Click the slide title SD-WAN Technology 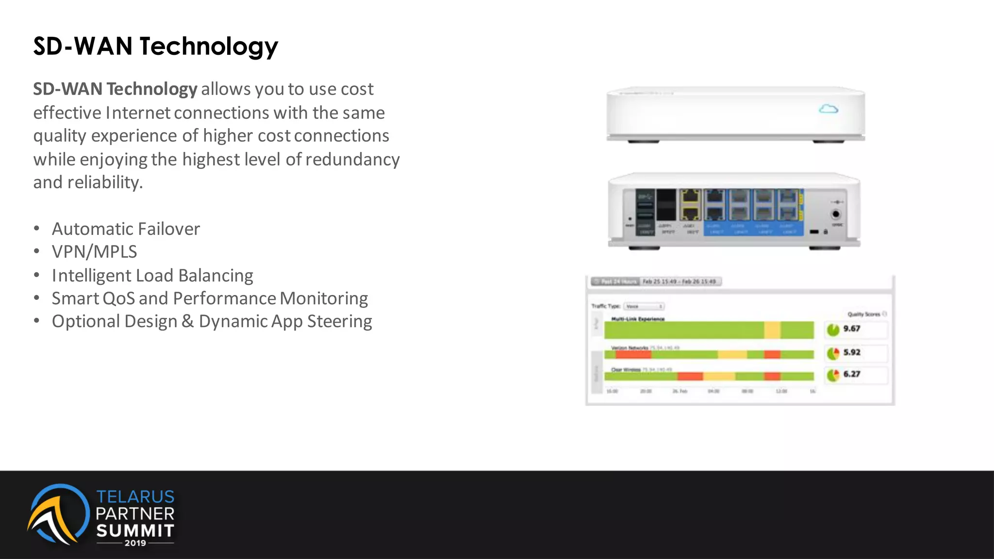click(x=155, y=47)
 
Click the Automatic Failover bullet click(x=126, y=229)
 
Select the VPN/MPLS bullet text click(x=94, y=252)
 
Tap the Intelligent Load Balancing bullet click(x=152, y=275)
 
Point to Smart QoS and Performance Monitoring click(x=210, y=298)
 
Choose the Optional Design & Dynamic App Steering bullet click(x=212, y=321)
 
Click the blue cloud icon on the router click(x=828, y=109)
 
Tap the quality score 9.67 click(x=852, y=329)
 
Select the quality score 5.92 click(x=852, y=352)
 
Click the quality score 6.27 click(x=852, y=374)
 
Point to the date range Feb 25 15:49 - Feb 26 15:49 click(x=679, y=281)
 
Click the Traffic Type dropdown click(x=644, y=306)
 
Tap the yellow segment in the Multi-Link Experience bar click(x=772, y=330)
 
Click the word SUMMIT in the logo click(x=135, y=530)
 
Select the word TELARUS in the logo click(x=135, y=496)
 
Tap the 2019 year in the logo click(x=135, y=543)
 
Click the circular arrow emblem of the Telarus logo click(x=57, y=514)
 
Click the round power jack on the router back click(x=836, y=214)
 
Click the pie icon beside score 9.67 click(x=833, y=330)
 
